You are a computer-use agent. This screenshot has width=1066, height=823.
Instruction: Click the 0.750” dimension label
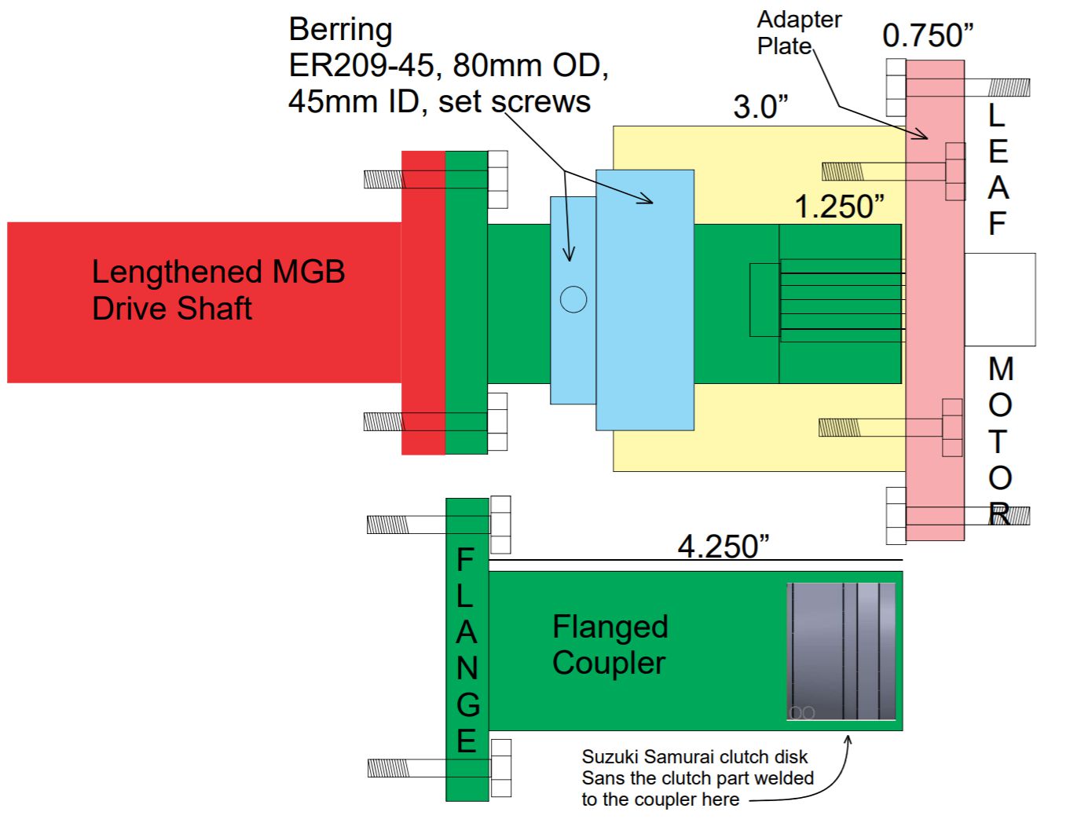[x=927, y=35]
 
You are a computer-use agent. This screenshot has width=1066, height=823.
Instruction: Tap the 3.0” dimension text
[x=760, y=107]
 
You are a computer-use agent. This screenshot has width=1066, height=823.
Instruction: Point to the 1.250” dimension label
[x=838, y=207]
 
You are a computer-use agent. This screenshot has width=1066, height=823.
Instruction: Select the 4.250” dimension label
[x=723, y=546]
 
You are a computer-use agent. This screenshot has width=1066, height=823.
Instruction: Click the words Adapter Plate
[x=798, y=32]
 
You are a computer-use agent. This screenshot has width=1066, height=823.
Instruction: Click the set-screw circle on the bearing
[x=573, y=299]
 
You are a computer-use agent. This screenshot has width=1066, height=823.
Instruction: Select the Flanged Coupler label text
[x=610, y=645]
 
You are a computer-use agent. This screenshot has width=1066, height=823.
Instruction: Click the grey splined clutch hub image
[x=841, y=651]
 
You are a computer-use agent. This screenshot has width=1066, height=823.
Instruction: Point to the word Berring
[x=340, y=30]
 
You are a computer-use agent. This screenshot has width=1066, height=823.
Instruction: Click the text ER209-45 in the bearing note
[x=361, y=66]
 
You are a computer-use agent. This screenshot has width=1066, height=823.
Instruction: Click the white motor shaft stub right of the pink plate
[x=999, y=299]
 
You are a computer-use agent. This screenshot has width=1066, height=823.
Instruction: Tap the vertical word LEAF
[x=997, y=170]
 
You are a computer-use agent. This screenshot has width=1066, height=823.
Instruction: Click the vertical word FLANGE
[x=467, y=650]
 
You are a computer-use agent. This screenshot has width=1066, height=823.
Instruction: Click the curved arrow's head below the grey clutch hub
[x=848, y=739]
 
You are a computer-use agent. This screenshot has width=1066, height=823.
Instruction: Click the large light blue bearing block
[x=644, y=314]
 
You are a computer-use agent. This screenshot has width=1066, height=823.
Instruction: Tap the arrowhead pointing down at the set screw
[x=569, y=256]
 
